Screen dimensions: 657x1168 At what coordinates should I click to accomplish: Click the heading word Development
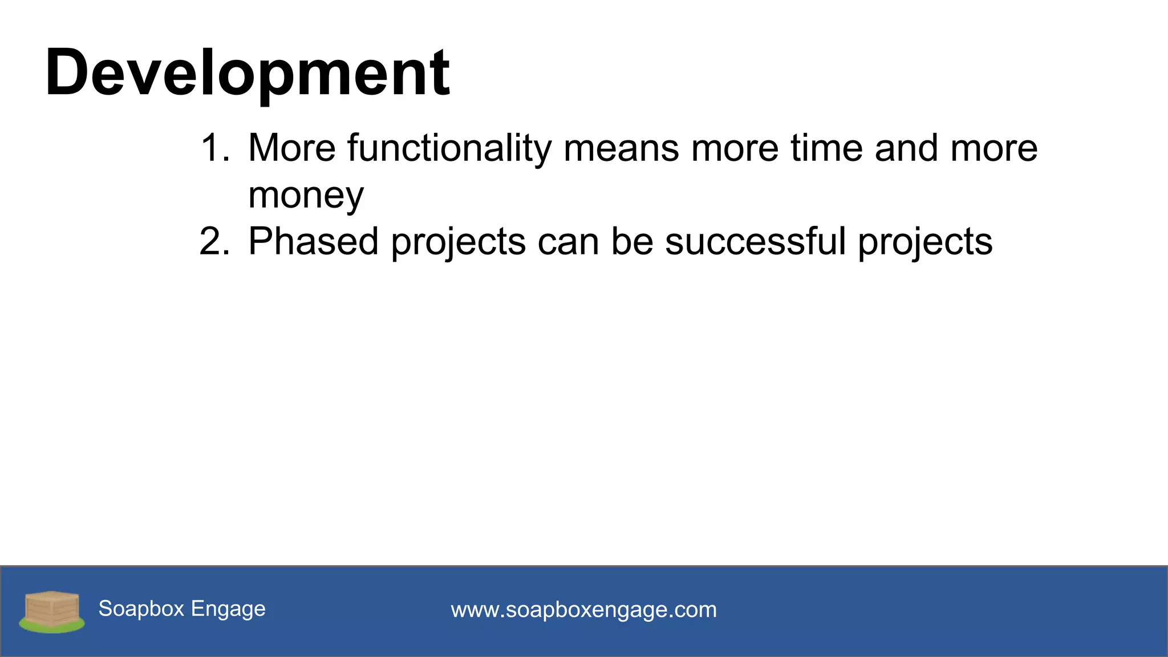[248, 73]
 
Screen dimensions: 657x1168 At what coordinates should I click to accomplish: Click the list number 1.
[214, 148]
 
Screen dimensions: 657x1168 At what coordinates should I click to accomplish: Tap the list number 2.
[214, 242]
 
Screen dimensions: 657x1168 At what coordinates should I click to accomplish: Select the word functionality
[449, 148]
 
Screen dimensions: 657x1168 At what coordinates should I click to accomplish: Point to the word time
[826, 148]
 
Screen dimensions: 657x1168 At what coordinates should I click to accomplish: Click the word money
[306, 196]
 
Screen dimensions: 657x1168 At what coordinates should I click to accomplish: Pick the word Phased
[313, 242]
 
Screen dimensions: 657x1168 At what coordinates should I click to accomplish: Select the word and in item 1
[906, 148]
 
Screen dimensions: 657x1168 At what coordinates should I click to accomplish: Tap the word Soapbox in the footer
[141, 609]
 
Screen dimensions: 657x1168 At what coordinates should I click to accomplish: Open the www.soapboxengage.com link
[583, 610]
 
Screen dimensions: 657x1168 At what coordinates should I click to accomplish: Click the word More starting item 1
[292, 148]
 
